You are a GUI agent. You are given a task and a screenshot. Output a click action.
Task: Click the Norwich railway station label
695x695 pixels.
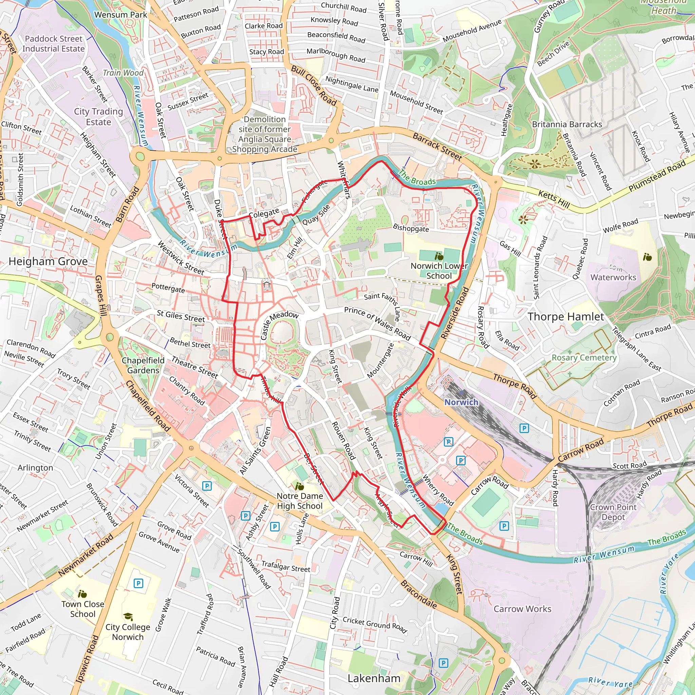[461, 402]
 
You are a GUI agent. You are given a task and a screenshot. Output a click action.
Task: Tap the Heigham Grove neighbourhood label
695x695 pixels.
[48, 262]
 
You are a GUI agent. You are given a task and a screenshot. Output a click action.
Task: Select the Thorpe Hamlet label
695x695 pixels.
[565, 317]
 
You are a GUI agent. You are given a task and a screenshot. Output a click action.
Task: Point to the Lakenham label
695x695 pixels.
[374, 678]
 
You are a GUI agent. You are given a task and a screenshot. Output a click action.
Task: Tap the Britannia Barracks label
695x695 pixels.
[567, 125]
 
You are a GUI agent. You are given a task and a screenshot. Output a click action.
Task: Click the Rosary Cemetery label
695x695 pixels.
[584, 358]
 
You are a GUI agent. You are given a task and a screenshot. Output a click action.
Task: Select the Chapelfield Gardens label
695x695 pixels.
[143, 365]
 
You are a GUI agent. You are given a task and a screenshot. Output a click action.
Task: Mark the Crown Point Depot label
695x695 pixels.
[613, 512]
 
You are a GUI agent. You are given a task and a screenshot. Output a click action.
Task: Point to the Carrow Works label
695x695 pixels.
[522, 609]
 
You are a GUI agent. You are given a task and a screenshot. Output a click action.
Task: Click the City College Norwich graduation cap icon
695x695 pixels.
[128, 617]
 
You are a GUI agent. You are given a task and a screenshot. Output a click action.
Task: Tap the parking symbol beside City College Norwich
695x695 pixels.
[138, 583]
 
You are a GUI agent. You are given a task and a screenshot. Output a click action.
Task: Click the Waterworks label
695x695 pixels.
[613, 277]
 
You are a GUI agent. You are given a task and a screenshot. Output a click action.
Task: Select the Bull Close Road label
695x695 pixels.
[314, 86]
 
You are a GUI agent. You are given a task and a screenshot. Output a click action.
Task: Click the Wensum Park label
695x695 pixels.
[120, 15]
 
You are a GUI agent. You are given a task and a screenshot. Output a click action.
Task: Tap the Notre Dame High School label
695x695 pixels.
[299, 501]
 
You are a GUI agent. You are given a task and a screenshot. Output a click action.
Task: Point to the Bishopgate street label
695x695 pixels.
[411, 228]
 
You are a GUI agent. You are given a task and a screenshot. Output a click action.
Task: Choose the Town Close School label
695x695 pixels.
[83, 609]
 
